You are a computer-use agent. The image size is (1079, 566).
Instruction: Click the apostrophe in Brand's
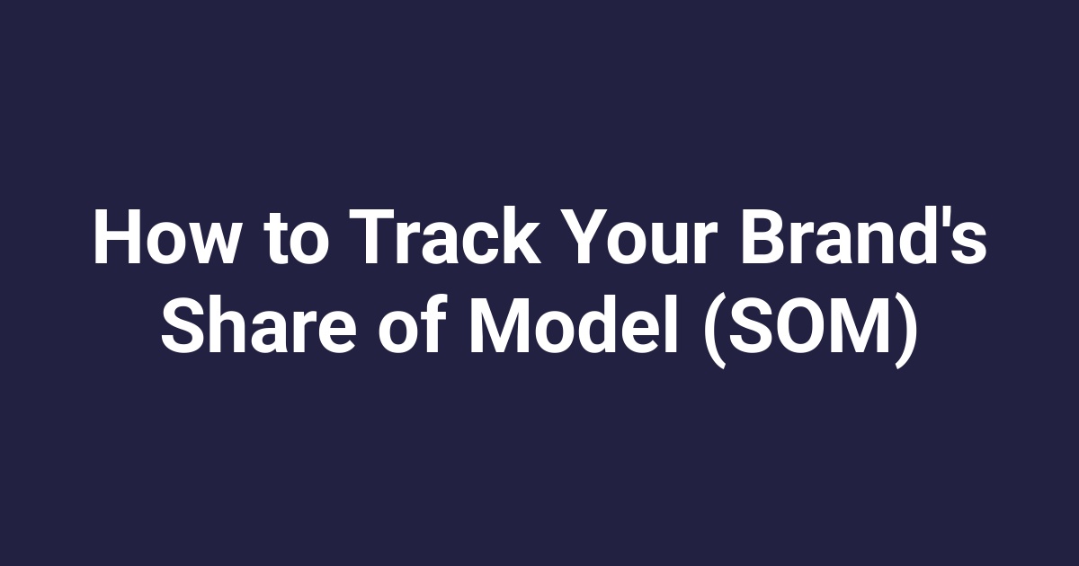[x=947, y=221]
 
